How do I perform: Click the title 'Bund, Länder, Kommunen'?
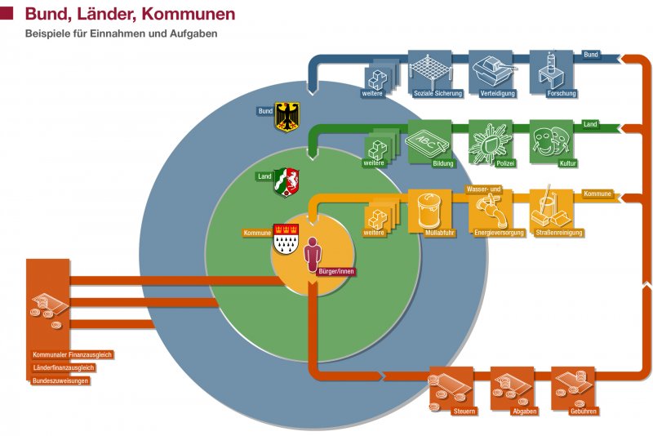[x=130, y=14]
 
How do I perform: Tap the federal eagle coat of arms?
[x=287, y=116]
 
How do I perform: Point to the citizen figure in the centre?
[x=313, y=256]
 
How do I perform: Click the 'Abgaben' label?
[x=523, y=411]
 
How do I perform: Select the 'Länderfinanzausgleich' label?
[x=64, y=367]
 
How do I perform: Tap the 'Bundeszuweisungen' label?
[x=60, y=380]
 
